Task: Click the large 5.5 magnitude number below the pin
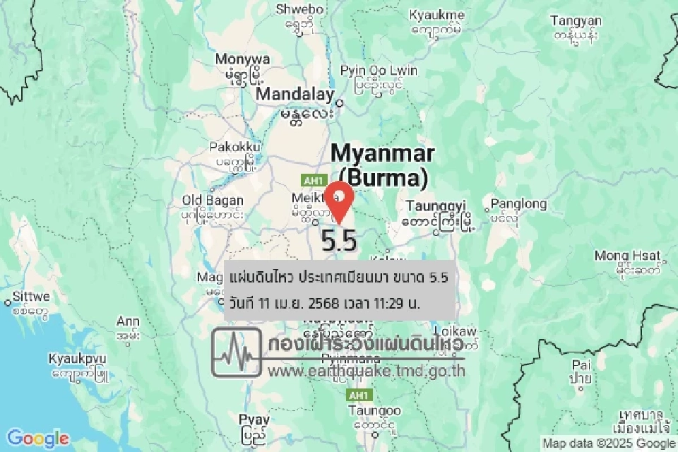[x=339, y=241]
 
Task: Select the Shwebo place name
[x=300, y=10]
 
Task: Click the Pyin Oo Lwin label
[x=379, y=71]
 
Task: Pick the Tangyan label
[x=576, y=21]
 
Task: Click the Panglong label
[x=518, y=205]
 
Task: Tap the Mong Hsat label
[x=627, y=256]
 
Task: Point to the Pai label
[x=582, y=365]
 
